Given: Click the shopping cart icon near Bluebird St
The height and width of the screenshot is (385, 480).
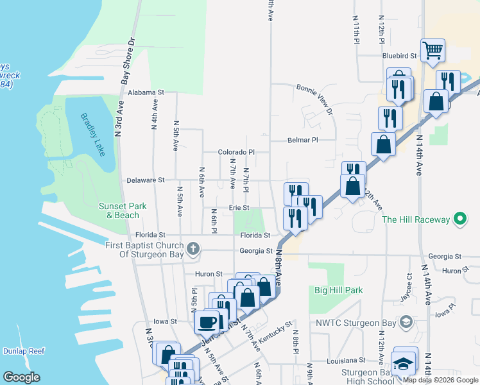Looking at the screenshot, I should [433, 50].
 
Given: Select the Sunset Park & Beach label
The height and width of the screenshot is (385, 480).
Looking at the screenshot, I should [123, 210].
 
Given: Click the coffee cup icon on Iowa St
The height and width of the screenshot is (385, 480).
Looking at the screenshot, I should [207, 321].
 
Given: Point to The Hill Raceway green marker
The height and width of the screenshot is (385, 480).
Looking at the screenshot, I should [459, 219].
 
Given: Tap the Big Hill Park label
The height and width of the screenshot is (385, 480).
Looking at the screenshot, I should [338, 290].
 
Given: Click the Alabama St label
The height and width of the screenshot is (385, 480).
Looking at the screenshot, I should [146, 92].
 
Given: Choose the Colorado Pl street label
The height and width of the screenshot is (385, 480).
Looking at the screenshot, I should [236, 152].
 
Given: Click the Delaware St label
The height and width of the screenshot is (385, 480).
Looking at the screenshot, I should [146, 180].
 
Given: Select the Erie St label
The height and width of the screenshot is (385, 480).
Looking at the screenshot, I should [239, 208].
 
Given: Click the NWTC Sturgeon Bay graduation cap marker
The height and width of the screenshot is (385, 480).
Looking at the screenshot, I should [406, 321].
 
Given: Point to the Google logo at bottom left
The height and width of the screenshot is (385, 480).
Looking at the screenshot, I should [21, 377].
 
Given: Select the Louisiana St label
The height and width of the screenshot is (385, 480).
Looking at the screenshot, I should [344, 361].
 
